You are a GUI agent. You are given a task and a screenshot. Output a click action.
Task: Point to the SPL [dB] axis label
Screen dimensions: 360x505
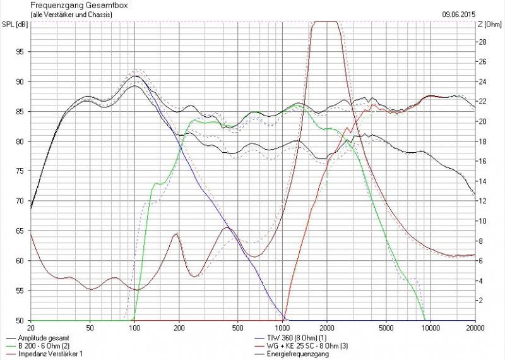pos(14,25)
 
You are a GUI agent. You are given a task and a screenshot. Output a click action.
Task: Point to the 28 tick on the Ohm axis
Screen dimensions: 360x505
pos(481,42)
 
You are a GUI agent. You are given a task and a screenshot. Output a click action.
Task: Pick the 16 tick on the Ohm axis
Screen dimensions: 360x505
pos(481,162)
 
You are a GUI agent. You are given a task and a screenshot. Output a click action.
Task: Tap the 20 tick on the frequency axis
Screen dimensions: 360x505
pos(31,328)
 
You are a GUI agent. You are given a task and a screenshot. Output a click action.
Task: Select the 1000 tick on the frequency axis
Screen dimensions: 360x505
pos(283,328)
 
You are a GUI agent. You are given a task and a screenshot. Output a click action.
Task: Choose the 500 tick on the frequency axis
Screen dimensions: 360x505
pos(237,328)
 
